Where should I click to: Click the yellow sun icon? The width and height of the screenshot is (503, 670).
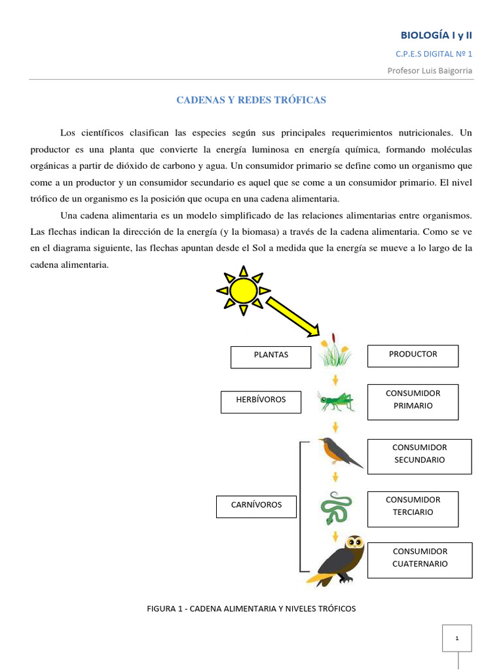[243, 289]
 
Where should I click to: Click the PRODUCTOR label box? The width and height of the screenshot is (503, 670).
[413, 355]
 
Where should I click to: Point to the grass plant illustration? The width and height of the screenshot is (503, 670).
[334, 353]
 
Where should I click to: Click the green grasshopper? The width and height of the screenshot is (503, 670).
[336, 400]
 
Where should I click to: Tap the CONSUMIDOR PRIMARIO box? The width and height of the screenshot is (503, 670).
[413, 400]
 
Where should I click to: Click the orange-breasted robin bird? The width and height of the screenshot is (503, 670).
[338, 452]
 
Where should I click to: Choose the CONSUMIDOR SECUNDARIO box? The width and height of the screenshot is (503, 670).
[419, 455]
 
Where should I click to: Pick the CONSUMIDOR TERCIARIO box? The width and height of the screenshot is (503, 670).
[413, 508]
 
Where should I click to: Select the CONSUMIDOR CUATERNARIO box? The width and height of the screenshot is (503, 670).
[419, 559]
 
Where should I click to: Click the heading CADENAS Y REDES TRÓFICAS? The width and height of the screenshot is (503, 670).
[251, 100]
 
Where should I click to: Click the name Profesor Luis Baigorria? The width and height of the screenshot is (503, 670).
[429, 71]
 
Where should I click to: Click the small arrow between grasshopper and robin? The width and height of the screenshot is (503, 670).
[336, 427]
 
